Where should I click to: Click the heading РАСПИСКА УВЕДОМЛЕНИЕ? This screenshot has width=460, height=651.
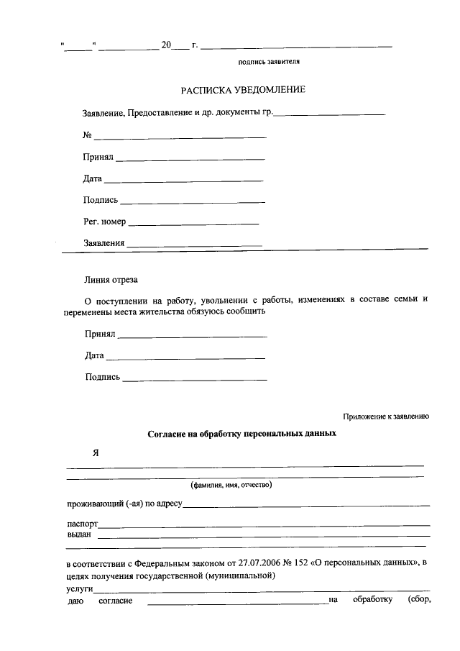pos(242,90)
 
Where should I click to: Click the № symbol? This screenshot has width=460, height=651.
pos(88,135)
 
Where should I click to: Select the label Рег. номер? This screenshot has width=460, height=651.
pos(104,222)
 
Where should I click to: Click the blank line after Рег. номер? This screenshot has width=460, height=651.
pos(193,223)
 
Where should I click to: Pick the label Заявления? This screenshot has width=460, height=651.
pos(104,243)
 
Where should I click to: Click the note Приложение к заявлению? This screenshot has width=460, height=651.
pos(385,416)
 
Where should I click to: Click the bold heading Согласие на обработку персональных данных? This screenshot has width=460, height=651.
pos(241,434)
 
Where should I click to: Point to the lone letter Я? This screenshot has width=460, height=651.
pos(94,453)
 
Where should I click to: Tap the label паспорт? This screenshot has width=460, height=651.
pos(81,524)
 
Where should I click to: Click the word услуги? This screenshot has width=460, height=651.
pos(80,588)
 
